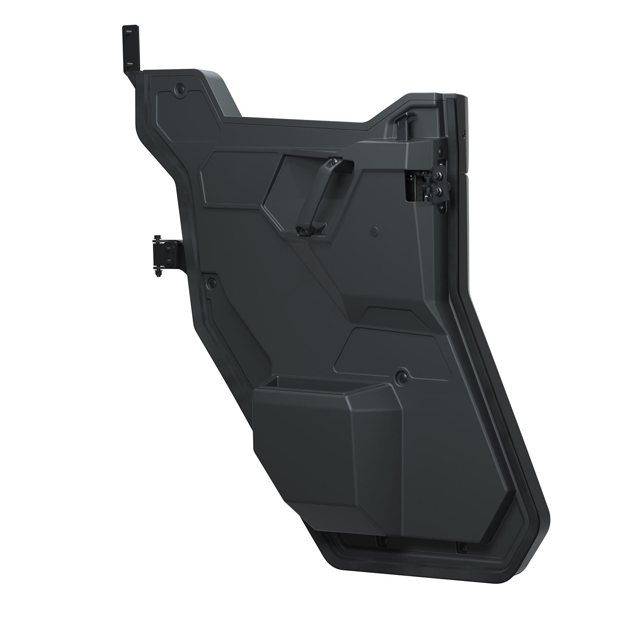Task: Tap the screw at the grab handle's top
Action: coord(335,161)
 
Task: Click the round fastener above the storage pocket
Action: coord(401,376)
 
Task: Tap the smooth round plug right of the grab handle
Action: coord(375,232)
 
